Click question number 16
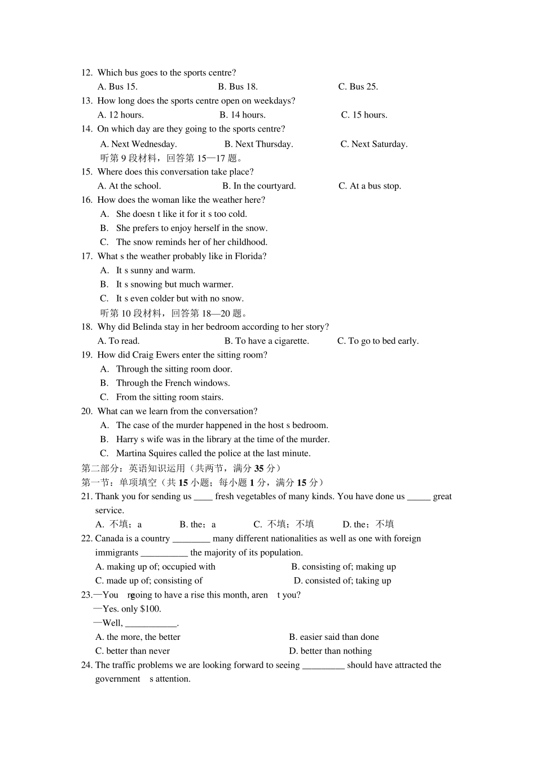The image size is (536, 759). pyautogui.click(x=86, y=200)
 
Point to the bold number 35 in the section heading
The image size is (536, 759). pyautogui.click(x=259, y=468)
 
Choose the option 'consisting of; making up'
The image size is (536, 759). pyautogui.click(x=343, y=566)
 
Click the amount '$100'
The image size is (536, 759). pyautogui.click(x=150, y=609)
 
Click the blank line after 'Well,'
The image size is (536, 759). pyautogui.click(x=151, y=624)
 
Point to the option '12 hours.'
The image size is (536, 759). pyautogui.click(x=120, y=115)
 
